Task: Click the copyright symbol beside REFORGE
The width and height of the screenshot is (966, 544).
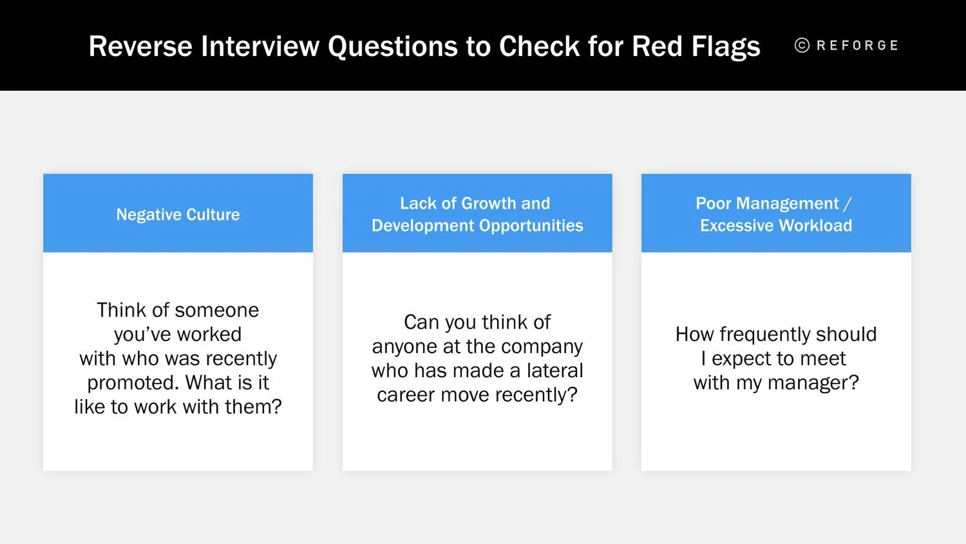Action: click(x=802, y=45)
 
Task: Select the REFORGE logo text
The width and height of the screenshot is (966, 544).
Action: click(x=857, y=46)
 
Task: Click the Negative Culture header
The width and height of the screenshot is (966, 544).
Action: click(x=178, y=215)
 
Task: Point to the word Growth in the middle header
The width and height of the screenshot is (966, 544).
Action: click(x=489, y=204)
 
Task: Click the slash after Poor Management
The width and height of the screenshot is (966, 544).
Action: click(x=847, y=204)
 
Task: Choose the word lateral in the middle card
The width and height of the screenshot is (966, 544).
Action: click(x=554, y=371)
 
